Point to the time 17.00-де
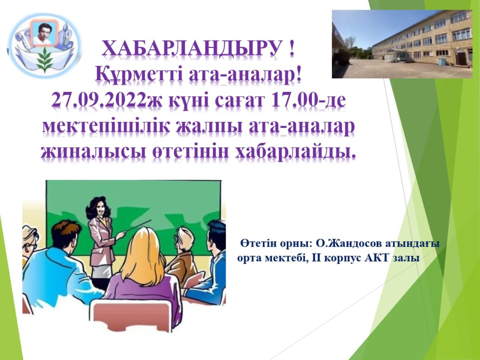click(308, 100)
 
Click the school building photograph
click(402, 44)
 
